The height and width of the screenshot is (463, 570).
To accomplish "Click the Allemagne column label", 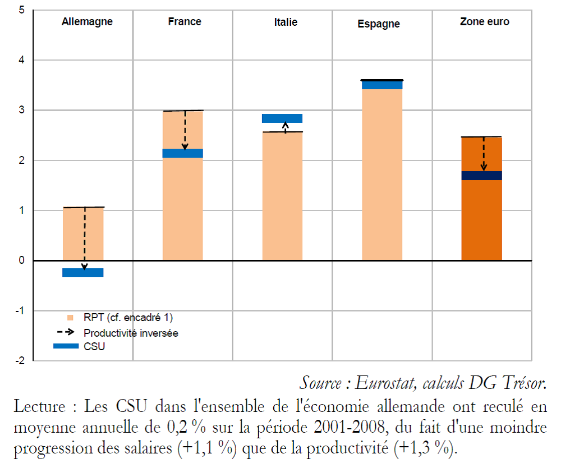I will pos(87,22).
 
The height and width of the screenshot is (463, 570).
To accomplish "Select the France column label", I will pos(185,22).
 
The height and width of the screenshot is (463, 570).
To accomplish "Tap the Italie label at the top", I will pos(286,22).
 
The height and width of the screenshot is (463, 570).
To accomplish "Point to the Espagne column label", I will pos(379,24).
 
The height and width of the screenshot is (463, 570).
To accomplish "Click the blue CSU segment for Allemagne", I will pos(83,273).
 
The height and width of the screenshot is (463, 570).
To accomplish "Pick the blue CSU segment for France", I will pos(183,153).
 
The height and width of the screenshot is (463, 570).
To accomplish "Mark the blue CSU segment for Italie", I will pos(282,118).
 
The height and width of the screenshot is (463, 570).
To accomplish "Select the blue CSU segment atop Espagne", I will pos(382,85).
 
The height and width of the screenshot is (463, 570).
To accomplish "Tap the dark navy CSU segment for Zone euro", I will pos(482,176).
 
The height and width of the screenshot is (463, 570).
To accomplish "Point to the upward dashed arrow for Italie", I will pos(286,127).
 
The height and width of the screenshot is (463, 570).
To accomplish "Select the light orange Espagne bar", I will pos(382,174).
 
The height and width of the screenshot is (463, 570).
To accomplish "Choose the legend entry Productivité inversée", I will pos(131,333).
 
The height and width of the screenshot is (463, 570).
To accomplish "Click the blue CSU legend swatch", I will pos(66,346).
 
